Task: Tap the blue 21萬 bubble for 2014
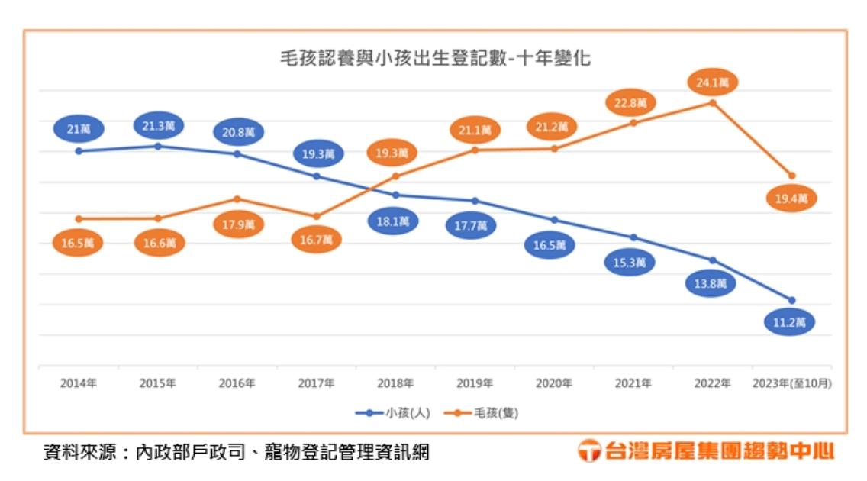coord(79,128)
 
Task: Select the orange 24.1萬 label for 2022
coord(712,80)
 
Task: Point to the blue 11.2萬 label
coord(789,322)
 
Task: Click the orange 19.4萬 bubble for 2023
coord(791,199)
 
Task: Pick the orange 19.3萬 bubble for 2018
coord(392,153)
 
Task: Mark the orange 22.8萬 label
coord(631,102)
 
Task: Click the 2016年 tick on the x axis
coord(237,383)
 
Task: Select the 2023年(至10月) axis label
coord(791,383)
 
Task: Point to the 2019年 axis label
coord(475,383)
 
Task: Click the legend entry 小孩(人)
coord(394,413)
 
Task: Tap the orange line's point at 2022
coord(713,102)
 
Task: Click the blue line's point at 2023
coord(791,300)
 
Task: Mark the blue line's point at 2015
coord(158,146)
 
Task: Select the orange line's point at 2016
coord(237,199)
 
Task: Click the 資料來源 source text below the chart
coord(235,452)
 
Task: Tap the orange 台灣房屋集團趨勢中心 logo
coord(706,450)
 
